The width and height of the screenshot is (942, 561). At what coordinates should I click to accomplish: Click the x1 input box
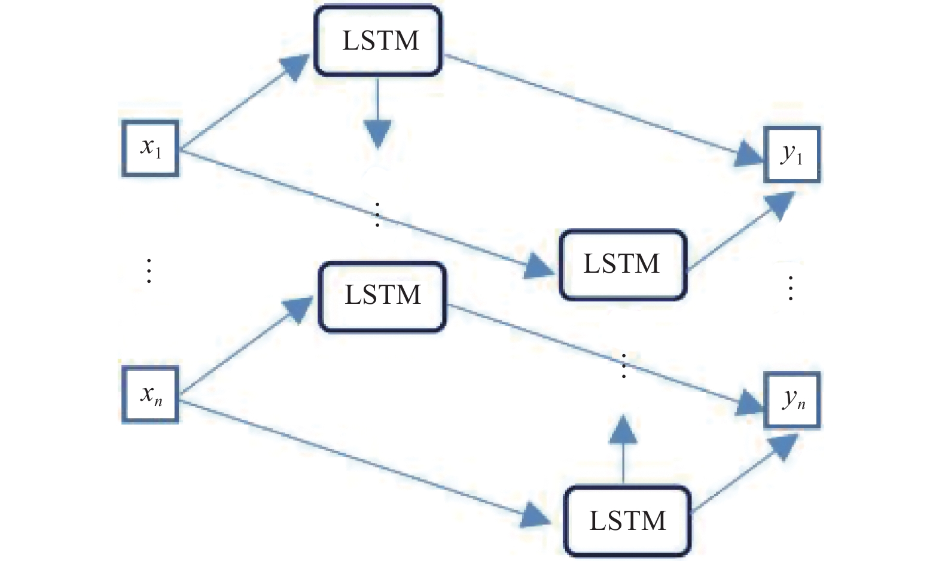[150, 148]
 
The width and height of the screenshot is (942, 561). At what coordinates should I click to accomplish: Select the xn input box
[150, 395]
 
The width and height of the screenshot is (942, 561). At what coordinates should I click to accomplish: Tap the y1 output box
[792, 155]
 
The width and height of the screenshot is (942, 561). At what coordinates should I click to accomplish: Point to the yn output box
[792, 400]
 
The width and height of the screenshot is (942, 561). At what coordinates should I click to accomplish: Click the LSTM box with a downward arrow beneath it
[378, 41]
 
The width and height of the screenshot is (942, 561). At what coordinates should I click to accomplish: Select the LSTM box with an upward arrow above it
[627, 522]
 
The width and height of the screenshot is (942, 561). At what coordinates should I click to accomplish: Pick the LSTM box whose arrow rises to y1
[623, 264]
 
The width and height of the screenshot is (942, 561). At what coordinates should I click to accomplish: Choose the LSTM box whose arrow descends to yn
[382, 297]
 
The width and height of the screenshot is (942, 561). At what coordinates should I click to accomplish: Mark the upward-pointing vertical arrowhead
[623, 429]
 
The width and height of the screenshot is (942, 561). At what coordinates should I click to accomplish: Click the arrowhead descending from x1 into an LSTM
[539, 266]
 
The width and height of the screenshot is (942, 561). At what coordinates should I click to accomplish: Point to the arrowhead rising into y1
[779, 205]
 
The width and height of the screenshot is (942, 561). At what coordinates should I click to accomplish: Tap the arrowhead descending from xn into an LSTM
[535, 516]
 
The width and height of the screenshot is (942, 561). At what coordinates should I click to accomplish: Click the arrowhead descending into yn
[749, 403]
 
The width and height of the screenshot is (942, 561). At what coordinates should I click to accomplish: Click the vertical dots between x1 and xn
[149, 271]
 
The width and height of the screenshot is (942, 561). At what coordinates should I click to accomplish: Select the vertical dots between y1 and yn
[791, 288]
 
